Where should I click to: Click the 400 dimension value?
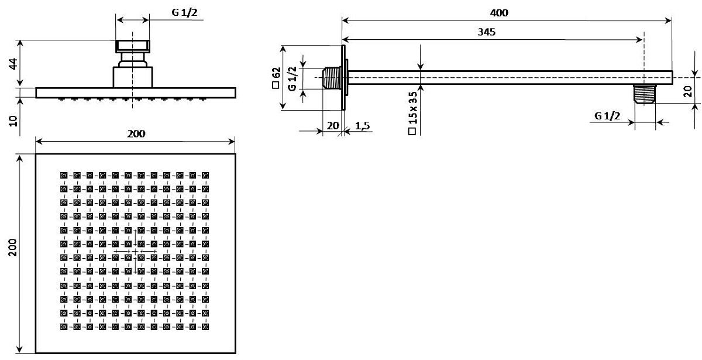pyautogui.click(x=499, y=13)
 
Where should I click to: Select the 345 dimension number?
pyautogui.click(x=486, y=32)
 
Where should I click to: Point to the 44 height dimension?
pyautogui.click(x=13, y=64)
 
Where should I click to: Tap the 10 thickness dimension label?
pyautogui.click(x=13, y=121)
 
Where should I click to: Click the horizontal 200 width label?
pyautogui.click(x=136, y=134)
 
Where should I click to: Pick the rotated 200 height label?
pyautogui.click(x=12, y=248)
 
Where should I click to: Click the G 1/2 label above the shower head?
pyautogui.click(x=185, y=12)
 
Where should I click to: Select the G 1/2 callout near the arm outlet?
pyautogui.click(x=607, y=116)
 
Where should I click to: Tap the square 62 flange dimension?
pyautogui.click(x=276, y=78)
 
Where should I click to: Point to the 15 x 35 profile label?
pyautogui.click(x=413, y=113)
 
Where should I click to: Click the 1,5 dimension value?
pyautogui.click(x=362, y=126)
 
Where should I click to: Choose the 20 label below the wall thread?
pyautogui.click(x=333, y=126)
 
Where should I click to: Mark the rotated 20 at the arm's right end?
pyautogui.click(x=688, y=91)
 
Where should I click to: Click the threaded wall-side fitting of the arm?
pyautogui.click(x=332, y=78)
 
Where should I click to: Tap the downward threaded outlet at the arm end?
pyautogui.click(x=644, y=94)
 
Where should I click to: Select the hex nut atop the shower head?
pyautogui.click(x=133, y=46)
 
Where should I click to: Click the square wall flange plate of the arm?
pyautogui.click(x=343, y=78)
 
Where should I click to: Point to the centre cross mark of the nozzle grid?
pyautogui.click(x=135, y=251)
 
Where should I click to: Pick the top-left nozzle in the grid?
pyautogui.click(x=64, y=175)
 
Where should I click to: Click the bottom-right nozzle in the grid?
pyautogui.click(x=205, y=327)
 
